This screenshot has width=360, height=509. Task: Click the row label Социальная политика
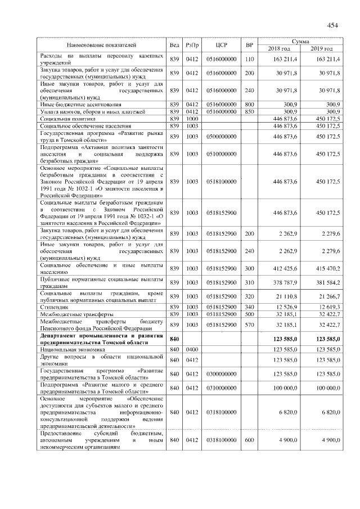tap(66, 119)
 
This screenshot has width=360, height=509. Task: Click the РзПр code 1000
tap(192, 119)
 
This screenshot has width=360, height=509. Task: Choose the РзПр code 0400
tap(192, 349)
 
